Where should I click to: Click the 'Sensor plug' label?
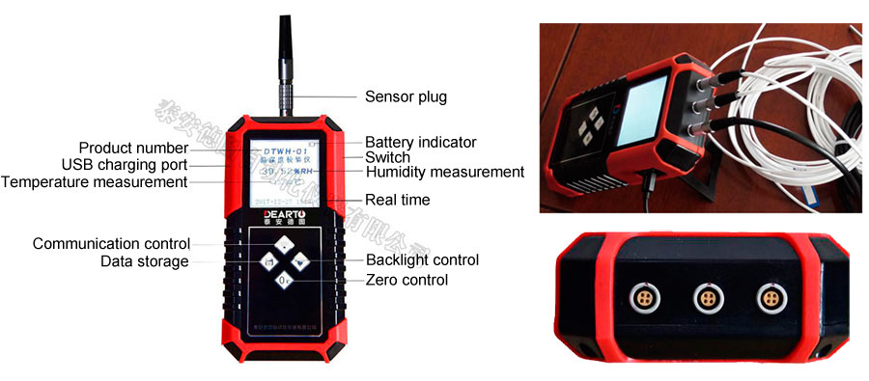406,96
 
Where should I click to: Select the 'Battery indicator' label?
420,142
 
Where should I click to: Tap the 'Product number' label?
133,148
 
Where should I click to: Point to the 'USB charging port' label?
124,165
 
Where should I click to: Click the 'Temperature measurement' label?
94,181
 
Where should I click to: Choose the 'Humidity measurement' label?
444,172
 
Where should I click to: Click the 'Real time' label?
397,200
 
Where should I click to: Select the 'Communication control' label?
111,243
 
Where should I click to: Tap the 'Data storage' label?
145,260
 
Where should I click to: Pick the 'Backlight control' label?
422,259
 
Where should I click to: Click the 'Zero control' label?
406,280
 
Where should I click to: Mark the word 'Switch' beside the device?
387,157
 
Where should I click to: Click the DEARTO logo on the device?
279,212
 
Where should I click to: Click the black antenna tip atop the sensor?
285,39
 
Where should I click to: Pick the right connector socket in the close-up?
769,296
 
